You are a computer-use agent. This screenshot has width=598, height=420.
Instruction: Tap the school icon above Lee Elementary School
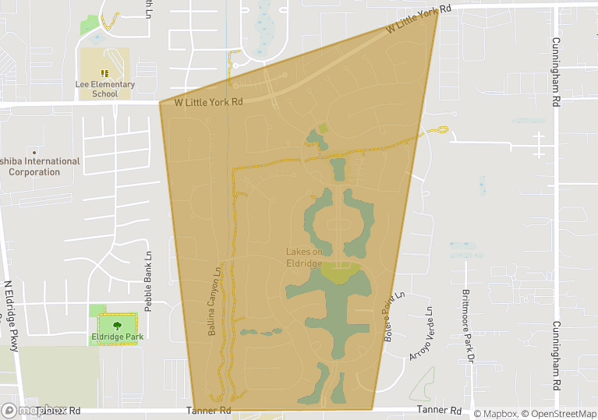tap(104, 73)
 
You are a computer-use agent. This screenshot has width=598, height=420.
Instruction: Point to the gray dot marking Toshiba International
tap(34, 152)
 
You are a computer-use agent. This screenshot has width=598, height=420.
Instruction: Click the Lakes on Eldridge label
tap(304, 257)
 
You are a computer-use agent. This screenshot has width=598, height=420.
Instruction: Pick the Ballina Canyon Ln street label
tap(213, 302)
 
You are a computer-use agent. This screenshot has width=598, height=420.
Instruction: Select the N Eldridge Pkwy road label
tap(11, 316)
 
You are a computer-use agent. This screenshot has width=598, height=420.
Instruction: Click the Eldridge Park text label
tap(118, 337)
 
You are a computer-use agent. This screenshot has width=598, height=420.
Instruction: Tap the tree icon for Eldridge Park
tap(118, 324)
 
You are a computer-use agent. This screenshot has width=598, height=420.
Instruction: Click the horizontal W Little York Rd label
tap(208, 102)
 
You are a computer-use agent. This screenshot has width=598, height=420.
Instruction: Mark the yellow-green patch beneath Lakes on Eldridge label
tap(340, 274)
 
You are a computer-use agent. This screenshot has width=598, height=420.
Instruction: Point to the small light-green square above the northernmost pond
tap(323, 128)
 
